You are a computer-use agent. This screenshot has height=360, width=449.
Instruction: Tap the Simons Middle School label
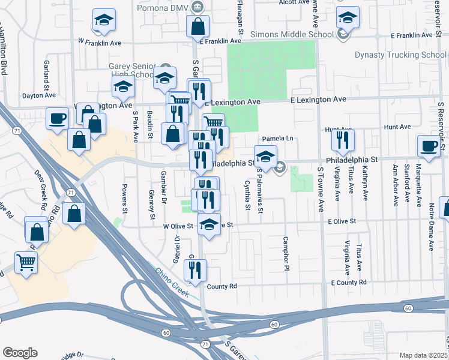point(292,34)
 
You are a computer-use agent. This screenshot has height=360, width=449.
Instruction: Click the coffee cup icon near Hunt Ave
point(430,146)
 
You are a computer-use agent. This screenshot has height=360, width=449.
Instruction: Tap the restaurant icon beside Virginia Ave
point(343,140)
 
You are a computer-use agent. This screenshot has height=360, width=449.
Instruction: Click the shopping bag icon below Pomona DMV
point(197,26)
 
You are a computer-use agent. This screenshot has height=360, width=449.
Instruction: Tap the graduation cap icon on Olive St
point(209,224)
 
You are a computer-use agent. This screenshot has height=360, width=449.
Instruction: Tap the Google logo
point(20,352)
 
